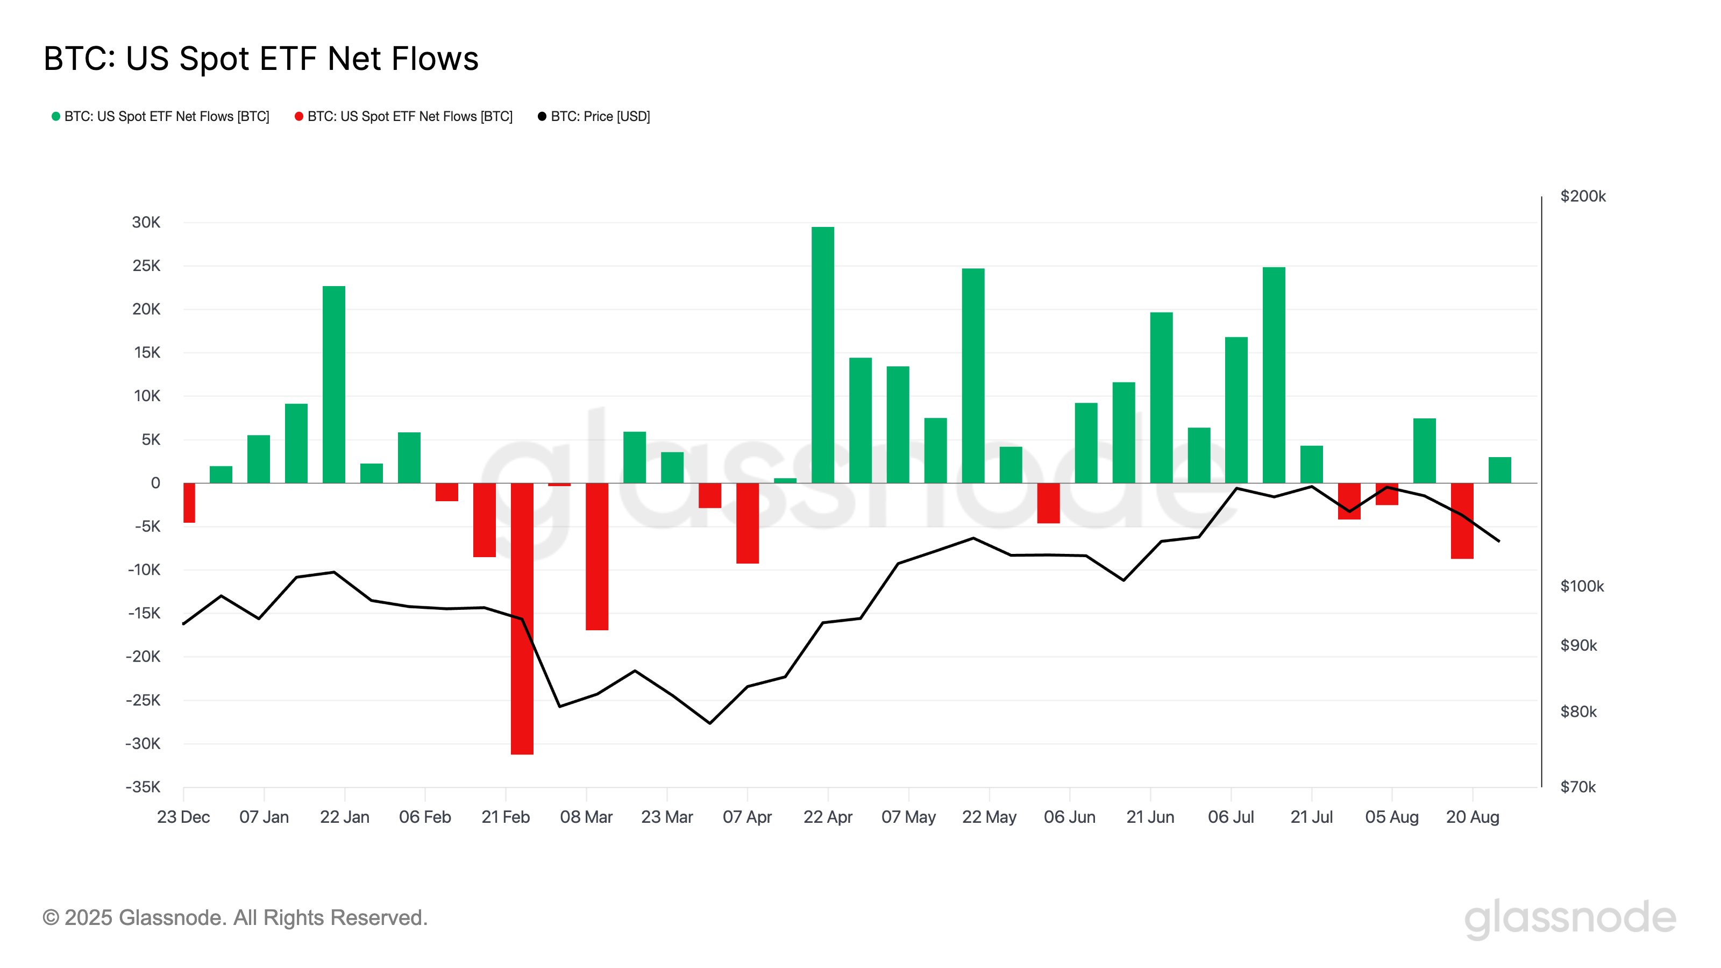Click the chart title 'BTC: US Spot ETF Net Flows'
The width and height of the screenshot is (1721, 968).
pos(260,59)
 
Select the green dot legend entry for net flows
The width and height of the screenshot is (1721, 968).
pos(160,116)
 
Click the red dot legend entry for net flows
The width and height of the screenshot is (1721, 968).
pos(403,116)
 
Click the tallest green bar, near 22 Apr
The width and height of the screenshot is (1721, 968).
pos(822,354)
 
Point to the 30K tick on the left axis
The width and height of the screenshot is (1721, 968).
pos(146,223)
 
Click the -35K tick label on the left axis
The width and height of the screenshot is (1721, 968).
pos(143,786)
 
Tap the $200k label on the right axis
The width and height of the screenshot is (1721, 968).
pos(1582,196)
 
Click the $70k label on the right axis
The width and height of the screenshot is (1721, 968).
pos(1577,786)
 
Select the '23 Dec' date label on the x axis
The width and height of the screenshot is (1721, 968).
pos(183,816)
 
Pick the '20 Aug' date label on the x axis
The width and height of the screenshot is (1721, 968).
pos(1472,816)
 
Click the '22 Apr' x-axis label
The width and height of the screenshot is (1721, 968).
pos(827,816)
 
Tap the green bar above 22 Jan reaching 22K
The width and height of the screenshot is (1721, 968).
pos(333,384)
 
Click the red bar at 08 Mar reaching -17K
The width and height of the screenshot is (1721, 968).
pos(596,556)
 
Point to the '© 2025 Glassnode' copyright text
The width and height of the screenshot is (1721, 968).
pos(234,917)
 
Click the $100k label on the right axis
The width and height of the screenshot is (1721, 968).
pos(1581,586)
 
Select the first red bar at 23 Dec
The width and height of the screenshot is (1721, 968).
pos(189,502)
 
